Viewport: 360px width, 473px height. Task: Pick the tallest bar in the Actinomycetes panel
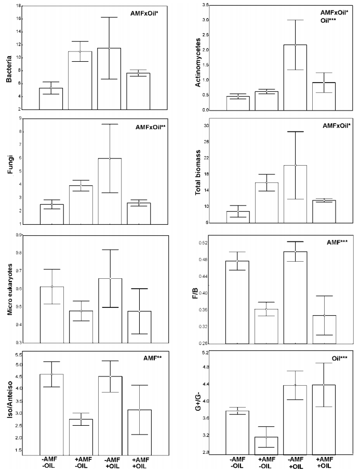click(x=295, y=77)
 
